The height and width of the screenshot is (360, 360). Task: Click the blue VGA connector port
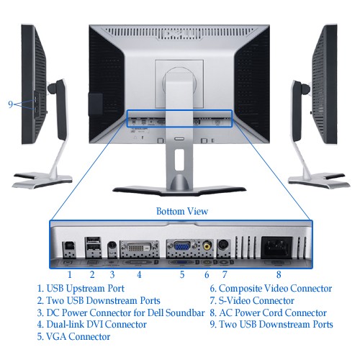pos(182,246)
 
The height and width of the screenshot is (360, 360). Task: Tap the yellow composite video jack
pos(207,246)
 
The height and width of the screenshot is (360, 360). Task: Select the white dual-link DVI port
pos(139,247)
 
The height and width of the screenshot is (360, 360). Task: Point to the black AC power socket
pos(276,247)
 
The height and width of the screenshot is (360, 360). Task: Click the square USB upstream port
pos(69,247)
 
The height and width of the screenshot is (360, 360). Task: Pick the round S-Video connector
pos(224,246)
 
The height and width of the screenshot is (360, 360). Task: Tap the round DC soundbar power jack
pos(112,246)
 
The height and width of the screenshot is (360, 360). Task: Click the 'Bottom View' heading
pos(182,211)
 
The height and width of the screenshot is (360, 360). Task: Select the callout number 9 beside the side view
pos(10,104)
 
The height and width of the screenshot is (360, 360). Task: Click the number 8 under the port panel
pos(279,274)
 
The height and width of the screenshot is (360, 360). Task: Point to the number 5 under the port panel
pos(182,274)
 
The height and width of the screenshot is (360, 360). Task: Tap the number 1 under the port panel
pos(70,274)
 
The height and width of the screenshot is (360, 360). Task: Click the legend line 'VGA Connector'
pos(73,336)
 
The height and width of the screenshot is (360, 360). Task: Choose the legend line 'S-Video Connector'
pos(252,300)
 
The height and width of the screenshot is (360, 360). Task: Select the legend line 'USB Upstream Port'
pos(81,289)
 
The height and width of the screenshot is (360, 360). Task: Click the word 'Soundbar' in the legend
pos(185,312)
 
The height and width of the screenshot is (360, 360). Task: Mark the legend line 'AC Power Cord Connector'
pos(269,312)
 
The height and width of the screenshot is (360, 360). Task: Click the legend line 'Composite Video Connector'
pos(271,289)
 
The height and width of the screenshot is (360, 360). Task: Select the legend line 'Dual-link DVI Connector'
pos(92,325)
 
